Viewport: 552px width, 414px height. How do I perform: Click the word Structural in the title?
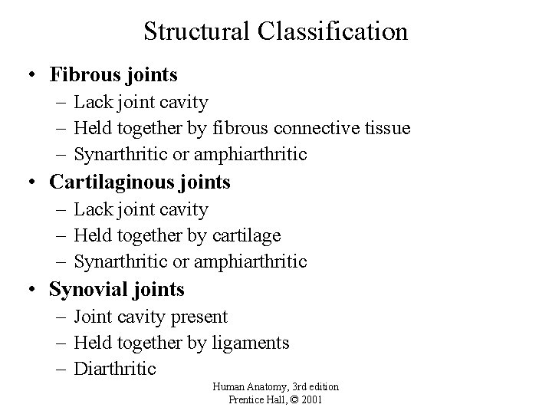click(x=195, y=31)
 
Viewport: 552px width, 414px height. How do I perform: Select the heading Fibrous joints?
click(x=113, y=75)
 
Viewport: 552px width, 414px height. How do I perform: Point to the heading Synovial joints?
click(x=117, y=290)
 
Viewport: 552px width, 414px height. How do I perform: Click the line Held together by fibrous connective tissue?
click(x=242, y=128)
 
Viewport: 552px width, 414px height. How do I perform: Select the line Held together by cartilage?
click(x=177, y=235)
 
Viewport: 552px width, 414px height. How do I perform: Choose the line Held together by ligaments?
click(x=182, y=343)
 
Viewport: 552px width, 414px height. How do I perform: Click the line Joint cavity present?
click(x=151, y=317)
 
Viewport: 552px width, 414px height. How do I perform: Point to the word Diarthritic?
click(x=115, y=369)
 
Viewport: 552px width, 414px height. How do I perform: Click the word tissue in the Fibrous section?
click(x=388, y=128)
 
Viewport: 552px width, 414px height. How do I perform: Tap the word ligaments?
click(x=248, y=343)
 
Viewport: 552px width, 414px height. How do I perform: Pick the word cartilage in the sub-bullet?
click(x=247, y=235)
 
